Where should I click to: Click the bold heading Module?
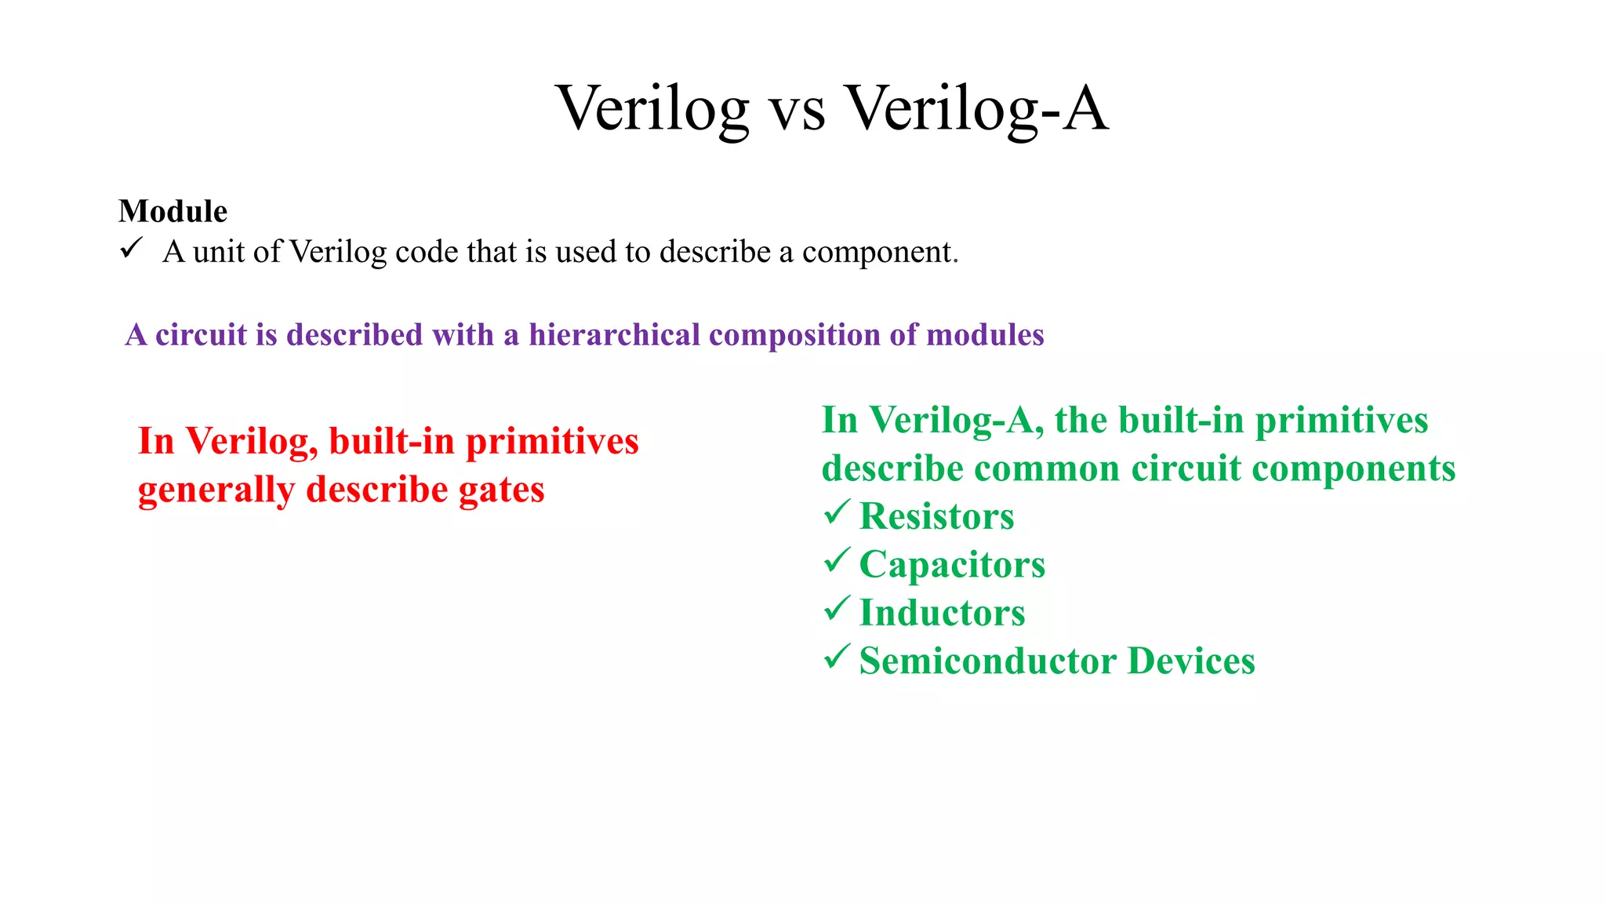click(173, 211)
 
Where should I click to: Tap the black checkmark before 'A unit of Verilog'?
click(131, 249)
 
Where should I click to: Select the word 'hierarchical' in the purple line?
click(614, 335)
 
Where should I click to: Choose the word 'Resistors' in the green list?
click(936, 516)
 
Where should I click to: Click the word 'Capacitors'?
click(952, 565)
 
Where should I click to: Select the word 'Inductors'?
click(942, 613)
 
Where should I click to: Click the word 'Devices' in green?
click(1191, 661)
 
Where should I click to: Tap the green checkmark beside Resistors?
click(837, 512)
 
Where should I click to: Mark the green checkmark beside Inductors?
click(837, 609)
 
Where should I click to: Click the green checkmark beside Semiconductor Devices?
click(837, 657)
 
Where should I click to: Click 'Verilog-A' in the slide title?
click(976, 108)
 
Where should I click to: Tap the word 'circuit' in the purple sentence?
click(201, 335)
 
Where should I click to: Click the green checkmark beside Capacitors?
click(837, 560)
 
